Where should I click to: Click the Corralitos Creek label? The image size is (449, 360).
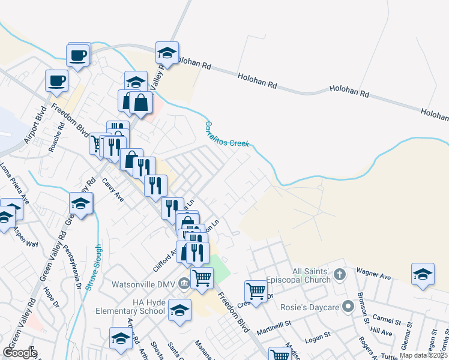click(226, 136)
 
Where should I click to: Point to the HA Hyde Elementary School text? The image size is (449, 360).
click(131, 307)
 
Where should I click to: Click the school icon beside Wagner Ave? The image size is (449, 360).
click(423, 274)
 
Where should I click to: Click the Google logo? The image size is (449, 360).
click(19, 353)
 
